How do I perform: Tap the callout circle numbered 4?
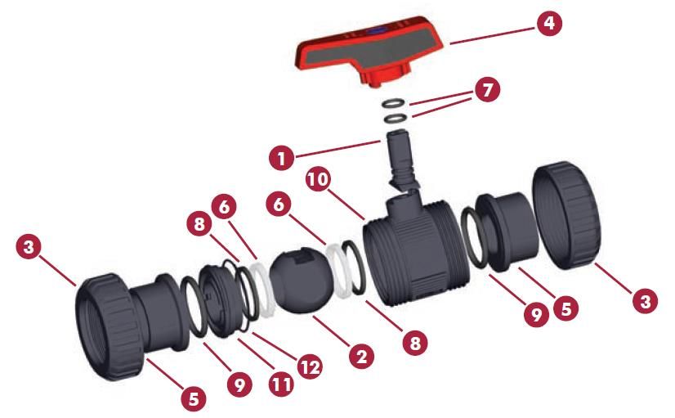(x=549, y=23)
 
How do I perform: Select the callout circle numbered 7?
(x=487, y=90)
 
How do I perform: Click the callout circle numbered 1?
(x=282, y=158)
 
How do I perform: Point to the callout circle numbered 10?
(x=319, y=179)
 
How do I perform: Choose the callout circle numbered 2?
(x=361, y=356)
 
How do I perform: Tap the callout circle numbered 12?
(x=310, y=366)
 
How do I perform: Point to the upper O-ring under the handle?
(x=394, y=103)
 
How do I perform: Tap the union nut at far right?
(x=566, y=215)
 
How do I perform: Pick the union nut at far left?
(x=108, y=326)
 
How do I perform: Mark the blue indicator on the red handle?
(x=375, y=31)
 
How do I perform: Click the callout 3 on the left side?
(x=29, y=248)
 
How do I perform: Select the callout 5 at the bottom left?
(x=193, y=398)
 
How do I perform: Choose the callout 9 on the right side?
(x=536, y=315)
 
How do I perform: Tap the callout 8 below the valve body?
(x=414, y=343)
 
